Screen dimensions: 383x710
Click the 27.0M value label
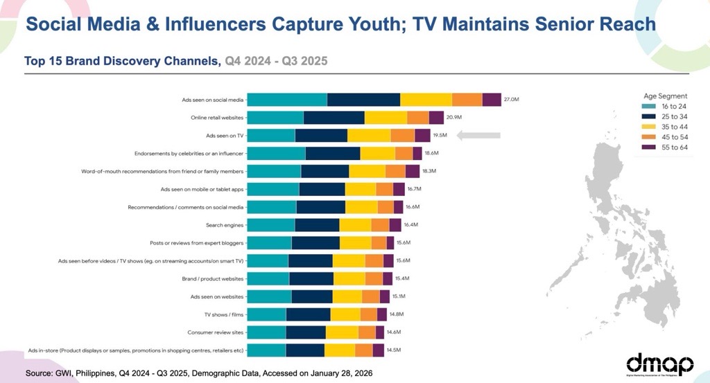click(511, 100)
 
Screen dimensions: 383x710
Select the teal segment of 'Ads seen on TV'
click(271, 135)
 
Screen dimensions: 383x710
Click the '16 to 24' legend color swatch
click(649, 107)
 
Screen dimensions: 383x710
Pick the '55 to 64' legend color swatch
click(649, 148)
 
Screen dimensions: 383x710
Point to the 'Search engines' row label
click(225, 224)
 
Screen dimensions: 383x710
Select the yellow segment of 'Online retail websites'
click(386, 118)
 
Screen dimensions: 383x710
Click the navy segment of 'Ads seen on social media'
click(363, 100)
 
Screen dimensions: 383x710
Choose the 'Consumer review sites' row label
click(216, 332)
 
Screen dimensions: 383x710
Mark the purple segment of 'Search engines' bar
click(395, 224)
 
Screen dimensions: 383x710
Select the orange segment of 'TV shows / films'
click(369, 314)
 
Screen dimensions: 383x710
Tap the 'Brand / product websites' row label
click(212, 278)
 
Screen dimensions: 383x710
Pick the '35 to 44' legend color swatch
click(649, 127)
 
